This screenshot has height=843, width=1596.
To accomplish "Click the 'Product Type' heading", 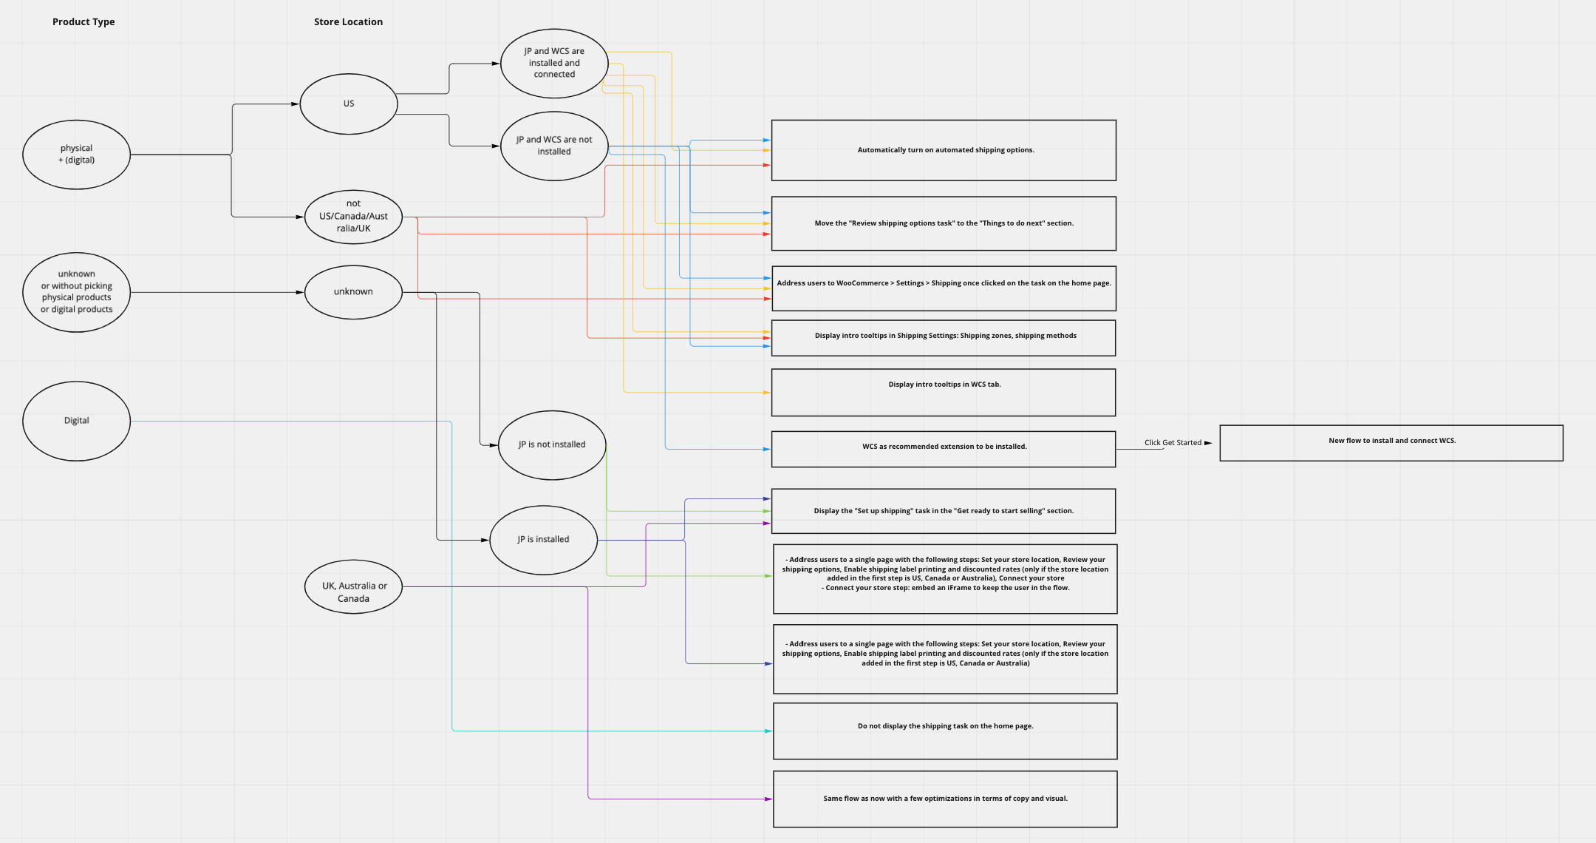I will pyautogui.click(x=83, y=22).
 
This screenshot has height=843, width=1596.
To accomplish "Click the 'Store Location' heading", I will pyautogui.click(x=348, y=22).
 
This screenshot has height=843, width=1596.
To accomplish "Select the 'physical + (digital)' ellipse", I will pyautogui.click(x=76, y=155).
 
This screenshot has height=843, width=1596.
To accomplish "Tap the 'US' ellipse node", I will pyautogui.click(x=349, y=104).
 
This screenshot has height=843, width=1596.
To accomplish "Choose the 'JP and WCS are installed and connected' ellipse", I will pyautogui.click(x=554, y=64).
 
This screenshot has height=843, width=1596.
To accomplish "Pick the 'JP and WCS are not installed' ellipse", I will pyautogui.click(x=554, y=146).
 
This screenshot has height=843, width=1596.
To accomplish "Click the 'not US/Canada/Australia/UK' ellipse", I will pyautogui.click(x=353, y=217).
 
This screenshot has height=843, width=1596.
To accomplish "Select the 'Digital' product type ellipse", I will pyautogui.click(x=76, y=421).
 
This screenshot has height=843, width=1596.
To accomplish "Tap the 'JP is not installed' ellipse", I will pyautogui.click(x=552, y=445).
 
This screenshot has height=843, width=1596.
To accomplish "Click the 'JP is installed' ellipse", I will pyautogui.click(x=543, y=540).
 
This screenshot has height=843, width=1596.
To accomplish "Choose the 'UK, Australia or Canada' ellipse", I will pyautogui.click(x=353, y=592).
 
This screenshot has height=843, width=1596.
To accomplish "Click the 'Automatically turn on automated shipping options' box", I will pyautogui.click(x=944, y=150).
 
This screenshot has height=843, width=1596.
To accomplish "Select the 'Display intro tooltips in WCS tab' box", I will pyautogui.click(x=944, y=393).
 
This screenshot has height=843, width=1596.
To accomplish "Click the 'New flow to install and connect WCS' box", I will pyautogui.click(x=1391, y=443).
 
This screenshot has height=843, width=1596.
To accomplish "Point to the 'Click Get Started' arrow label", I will pyautogui.click(x=1173, y=443).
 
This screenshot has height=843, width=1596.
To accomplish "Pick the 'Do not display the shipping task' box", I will pyautogui.click(x=945, y=731).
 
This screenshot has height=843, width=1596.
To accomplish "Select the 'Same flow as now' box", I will pyautogui.click(x=945, y=799).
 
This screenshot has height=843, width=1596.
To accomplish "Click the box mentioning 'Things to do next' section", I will pyautogui.click(x=944, y=223).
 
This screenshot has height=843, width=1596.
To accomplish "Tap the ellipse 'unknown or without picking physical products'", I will pyautogui.click(x=76, y=292).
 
